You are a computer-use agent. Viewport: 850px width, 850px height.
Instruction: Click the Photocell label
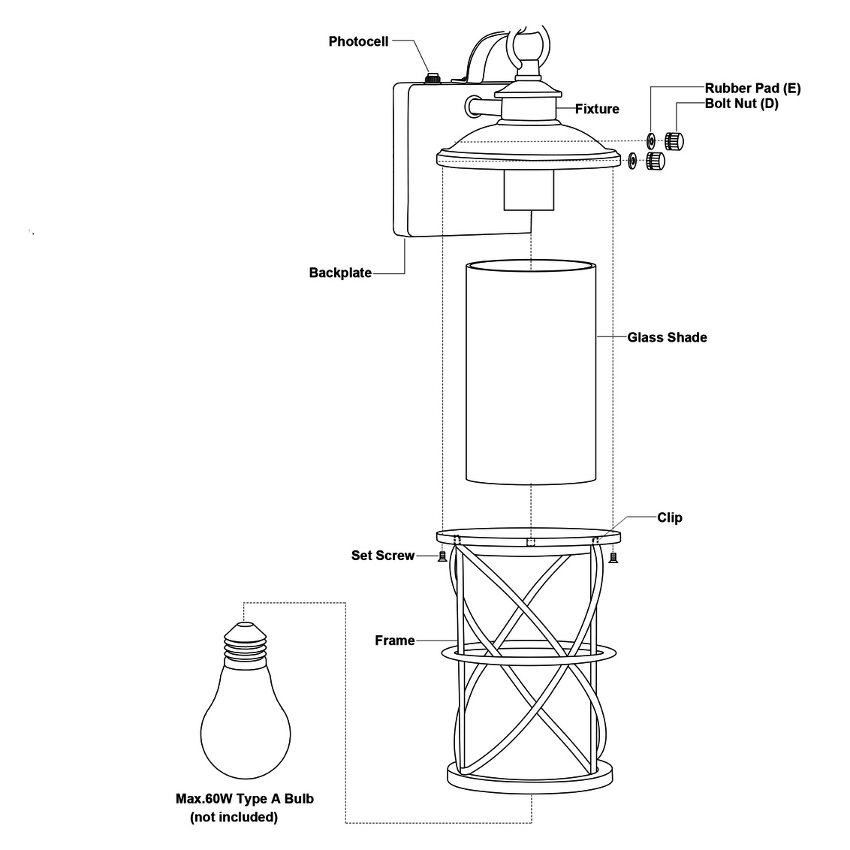[x=358, y=41]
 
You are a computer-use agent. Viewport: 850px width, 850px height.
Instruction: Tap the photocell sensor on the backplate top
[x=433, y=77]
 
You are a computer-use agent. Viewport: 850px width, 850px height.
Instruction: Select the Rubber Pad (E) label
[x=752, y=89]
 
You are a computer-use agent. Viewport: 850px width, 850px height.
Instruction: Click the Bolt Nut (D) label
[x=741, y=104]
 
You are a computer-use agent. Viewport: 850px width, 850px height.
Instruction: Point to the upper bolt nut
[x=674, y=140]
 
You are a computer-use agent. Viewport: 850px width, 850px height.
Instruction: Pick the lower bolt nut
[x=655, y=160]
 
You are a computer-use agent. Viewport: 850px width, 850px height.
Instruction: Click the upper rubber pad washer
[x=650, y=140]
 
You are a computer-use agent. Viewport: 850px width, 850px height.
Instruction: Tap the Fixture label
[x=597, y=109]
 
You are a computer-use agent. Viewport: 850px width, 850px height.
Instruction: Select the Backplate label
[x=340, y=273]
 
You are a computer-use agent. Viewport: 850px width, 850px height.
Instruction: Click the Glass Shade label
[x=667, y=337]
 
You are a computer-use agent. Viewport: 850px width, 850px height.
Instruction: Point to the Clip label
[x=670, y=517]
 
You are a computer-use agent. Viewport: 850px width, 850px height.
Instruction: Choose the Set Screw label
[x=382, y=556]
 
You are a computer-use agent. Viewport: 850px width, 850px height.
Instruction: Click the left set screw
[x=442, y=556]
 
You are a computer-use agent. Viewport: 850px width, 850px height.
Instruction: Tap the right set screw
[x=613, y=556]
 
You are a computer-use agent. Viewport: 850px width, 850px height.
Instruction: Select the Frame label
[x=395, y=641]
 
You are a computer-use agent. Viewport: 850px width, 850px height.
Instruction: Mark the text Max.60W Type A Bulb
[x=245, y=799]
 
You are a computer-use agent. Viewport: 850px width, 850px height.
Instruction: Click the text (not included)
[x=234, y=817]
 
